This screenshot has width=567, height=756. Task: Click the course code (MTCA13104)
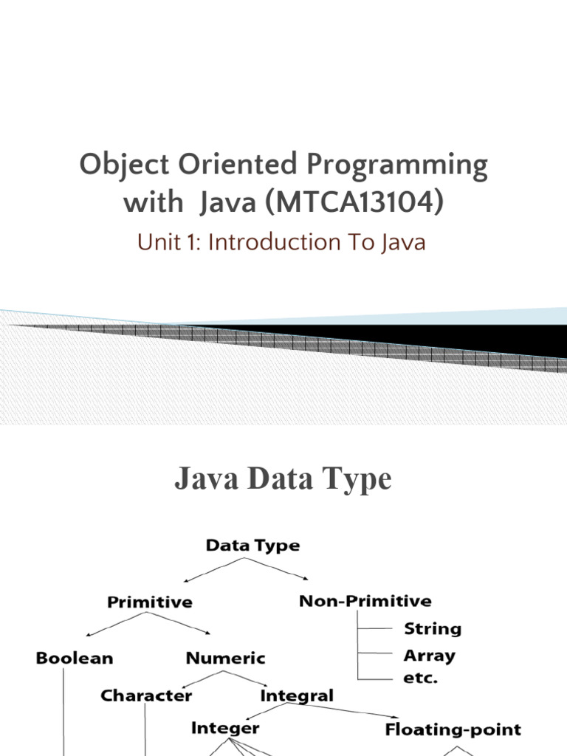click(351, 202)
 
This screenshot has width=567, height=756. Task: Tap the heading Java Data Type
click(283, 480)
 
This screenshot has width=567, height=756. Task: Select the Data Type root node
click(252, 546)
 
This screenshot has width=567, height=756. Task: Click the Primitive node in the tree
click(150, 602)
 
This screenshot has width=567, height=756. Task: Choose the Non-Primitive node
click(365, 601)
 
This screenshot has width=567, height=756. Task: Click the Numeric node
click(225, 657)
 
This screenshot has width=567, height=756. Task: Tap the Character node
click(146, 695)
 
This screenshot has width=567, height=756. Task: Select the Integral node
click(297, 695)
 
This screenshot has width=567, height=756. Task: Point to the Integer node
click(225, 728)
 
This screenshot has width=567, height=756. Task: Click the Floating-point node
click(453, 730)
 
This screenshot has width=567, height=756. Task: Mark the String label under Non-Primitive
click(433, 629)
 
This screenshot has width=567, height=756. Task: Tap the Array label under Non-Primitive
click(429, 656)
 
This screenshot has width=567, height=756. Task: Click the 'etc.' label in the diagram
click(420, 677)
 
